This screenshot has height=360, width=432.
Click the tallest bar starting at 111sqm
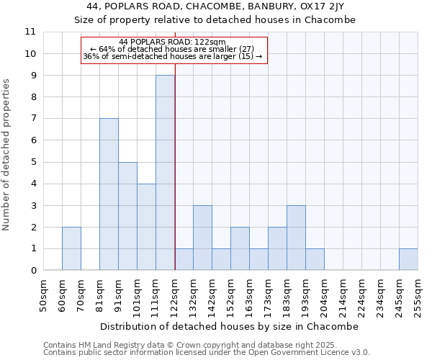tap(165, 173)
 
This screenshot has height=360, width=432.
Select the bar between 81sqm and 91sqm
tap(109, 194)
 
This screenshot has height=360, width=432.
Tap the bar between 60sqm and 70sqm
tap(71, 248)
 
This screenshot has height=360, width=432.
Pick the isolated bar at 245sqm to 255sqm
tap(408, 259)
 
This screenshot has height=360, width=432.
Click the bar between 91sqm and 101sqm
tap(127, 216)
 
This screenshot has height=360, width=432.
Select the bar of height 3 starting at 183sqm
tap(296, 238)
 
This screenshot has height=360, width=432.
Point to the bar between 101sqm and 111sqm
tap(146, 227)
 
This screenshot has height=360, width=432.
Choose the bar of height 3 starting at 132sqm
tap(202, 238)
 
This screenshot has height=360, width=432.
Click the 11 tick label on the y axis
tap(30, 32)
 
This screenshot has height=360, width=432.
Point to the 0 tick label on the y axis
tap(33, 271)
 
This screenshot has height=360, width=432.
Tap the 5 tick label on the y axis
tap(33, 162)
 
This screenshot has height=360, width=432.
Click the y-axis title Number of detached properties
tap(7, 155)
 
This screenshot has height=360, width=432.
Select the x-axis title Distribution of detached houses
tap(230, 326)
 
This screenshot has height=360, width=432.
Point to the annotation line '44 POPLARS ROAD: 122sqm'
tap(173, 42)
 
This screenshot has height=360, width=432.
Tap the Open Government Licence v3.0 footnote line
tap(207, 353)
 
